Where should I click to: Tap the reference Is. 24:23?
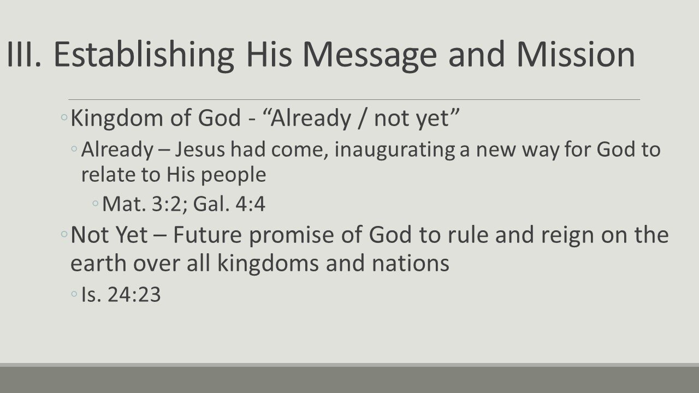pyautogui.click(x=121, y=295)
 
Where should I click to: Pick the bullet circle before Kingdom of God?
pyautogui.click(x=64, y=118)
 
